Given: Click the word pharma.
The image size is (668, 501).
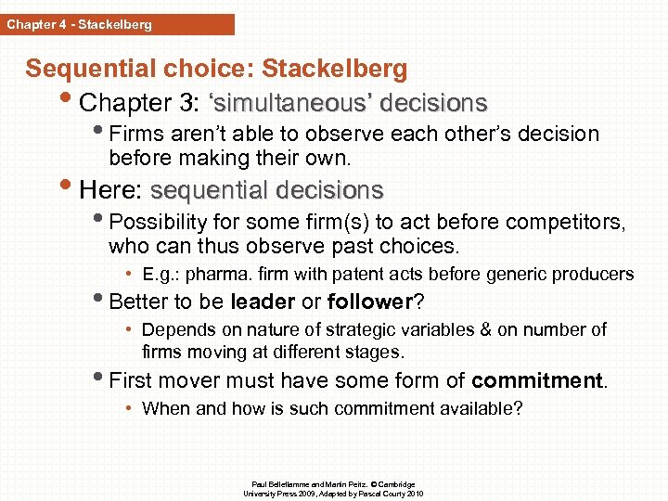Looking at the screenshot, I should point(215,274).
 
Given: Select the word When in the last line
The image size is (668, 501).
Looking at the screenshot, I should point(163,407).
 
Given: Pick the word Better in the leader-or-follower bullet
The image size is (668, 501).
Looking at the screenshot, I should point(138,302).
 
